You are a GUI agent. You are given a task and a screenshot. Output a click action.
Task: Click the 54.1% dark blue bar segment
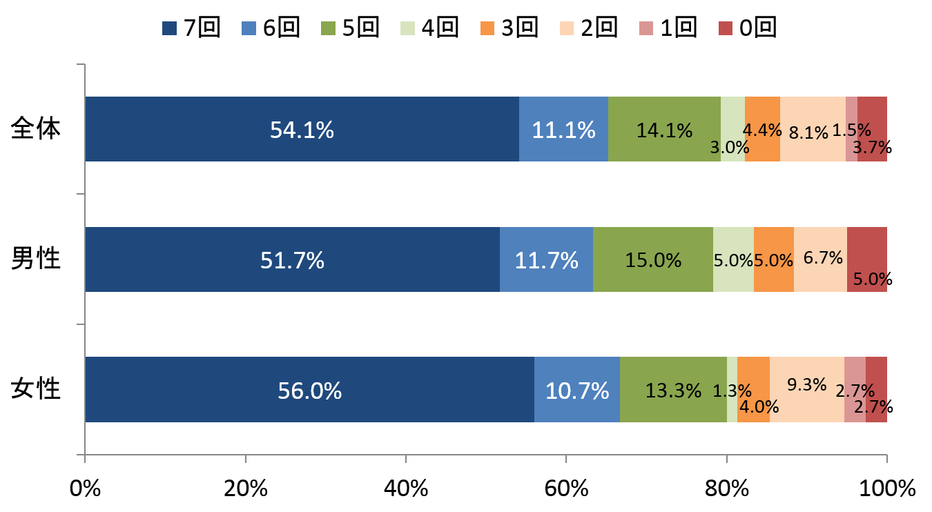click(x=302, y=129)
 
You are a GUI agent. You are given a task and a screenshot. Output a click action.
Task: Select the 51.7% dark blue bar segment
click(x=292, y=259)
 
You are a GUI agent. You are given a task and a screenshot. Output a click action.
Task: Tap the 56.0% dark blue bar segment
click(x=309, y=390)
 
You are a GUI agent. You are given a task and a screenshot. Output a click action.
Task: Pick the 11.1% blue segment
click(x=563, y=129)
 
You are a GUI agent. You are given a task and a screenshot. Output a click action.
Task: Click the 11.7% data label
click(x=546, y=260)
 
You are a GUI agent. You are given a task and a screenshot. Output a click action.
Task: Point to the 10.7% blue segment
click(x=576, y=390)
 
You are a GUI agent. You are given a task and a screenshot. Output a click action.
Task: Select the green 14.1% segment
click(x=664, y=129)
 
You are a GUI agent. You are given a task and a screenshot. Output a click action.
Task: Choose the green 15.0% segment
click(x=652, y=259)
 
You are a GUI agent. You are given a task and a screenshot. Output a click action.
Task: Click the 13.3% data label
click(x=673, y=391)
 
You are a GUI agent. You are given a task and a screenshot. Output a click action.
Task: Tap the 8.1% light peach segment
click(x=813, y=129)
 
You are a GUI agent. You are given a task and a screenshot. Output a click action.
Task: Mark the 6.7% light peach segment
click(x=820, y=259)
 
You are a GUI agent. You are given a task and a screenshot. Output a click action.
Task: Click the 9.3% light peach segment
click(x=806, y=390)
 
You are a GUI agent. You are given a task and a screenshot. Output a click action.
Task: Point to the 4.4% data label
click(x=762, y=130)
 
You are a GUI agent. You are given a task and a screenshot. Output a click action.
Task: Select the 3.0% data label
click(x=730, y=147)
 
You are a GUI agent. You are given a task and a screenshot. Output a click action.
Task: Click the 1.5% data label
click(x=851, y=130)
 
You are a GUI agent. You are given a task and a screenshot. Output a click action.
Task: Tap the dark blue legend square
click(x=169, y=28)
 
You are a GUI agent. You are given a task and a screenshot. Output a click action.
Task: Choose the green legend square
click(x=328, y=28)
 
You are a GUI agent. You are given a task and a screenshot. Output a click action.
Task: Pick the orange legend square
click(x=487, y=28)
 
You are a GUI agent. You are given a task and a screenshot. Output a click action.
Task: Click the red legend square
click(x=726, y=28)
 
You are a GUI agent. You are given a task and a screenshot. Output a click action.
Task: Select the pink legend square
click(x=646, y=28)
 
